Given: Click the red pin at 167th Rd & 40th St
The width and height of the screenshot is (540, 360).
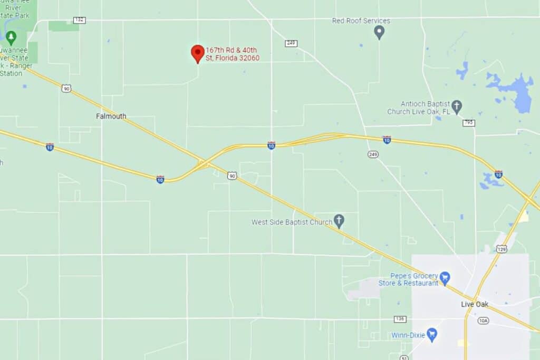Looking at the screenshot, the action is tap(197, 53).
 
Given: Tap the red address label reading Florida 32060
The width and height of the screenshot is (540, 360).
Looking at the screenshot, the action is tap(233, 54).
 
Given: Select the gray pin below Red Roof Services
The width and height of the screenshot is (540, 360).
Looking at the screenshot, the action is tap(379, 33).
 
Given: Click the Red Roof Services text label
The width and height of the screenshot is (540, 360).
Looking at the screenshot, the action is tap(361, 21).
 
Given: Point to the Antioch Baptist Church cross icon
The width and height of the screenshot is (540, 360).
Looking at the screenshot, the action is tap(457, 105).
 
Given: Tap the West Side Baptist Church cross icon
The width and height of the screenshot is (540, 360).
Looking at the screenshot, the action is tap(339, 220).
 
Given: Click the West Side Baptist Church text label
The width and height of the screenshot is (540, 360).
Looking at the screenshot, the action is tap(292, 222).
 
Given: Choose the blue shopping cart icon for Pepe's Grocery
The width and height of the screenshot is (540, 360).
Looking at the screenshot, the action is tap(445, 277).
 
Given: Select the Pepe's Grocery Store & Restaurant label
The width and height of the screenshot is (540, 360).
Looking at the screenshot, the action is tap(409, 279).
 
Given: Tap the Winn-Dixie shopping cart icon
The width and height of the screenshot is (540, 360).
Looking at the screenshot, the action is tap(432, 334).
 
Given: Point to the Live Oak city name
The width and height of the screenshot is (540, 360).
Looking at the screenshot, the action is tap(475, 305).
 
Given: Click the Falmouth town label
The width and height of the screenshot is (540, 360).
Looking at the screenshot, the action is tap(111, 116).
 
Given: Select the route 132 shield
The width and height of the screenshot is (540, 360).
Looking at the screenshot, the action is tap(79, 20).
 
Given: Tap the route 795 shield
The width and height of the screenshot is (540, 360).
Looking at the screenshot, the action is tap(468, 123).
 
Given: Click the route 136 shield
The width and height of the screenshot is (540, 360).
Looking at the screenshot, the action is tap(400, 319).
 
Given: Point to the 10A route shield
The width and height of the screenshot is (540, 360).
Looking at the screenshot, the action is tap(483, 320).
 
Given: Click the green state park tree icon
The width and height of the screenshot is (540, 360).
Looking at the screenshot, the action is tap(11, 37).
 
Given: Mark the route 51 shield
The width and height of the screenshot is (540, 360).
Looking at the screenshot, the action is tap(404, 358).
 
